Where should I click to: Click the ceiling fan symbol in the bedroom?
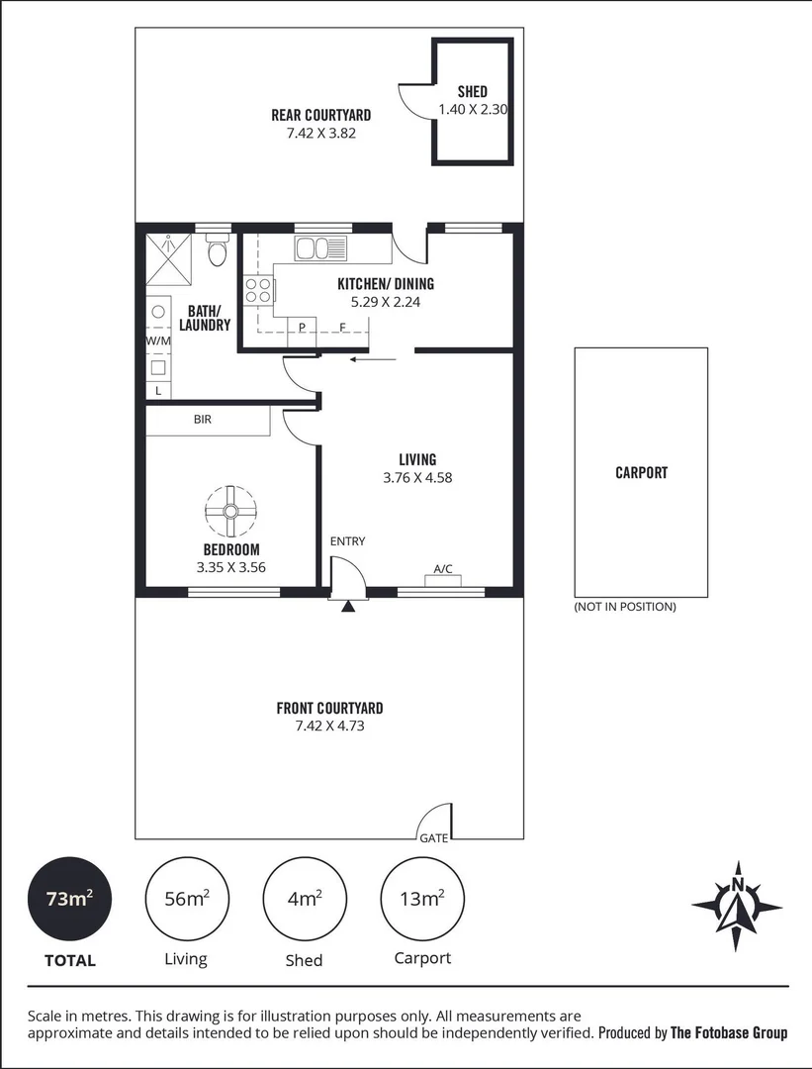click(x=230, y=511)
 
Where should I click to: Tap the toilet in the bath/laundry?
click(x=217, y=253)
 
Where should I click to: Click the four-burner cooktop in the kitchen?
click(x=258, y=290)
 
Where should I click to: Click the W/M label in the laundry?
click(x=157, y=341)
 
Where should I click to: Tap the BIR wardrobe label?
click(x=202, y=420)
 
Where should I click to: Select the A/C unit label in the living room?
click(x=443, y=569)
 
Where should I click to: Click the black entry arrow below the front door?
click(x=347, y=607)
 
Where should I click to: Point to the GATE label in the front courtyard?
click(x=433, y=837)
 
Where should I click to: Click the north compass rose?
click(x=737, y=903)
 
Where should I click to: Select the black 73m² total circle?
click(x=70, y=899)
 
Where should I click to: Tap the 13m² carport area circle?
click(x=421, y=899)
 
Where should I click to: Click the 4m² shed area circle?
click(x=304, y=899)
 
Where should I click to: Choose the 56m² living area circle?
click(x=186, y=899)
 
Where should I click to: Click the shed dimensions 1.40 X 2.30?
click(x=473, y=110)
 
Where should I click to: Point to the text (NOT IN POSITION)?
click(x=625, y=607)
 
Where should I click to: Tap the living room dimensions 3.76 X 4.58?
click(x=417, y=477)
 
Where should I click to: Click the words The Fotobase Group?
click(x=729, y=1032)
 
